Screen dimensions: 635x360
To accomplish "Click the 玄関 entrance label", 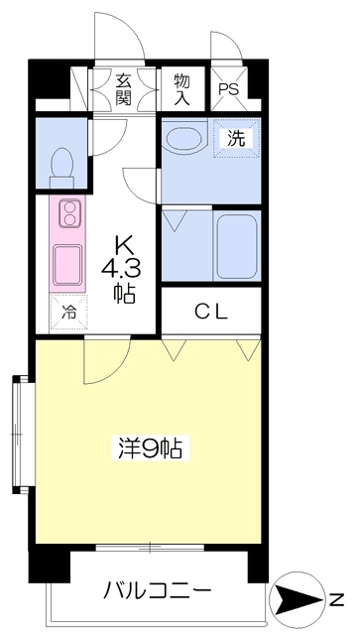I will point(124,88).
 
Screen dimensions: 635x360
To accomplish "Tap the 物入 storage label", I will point(181,88).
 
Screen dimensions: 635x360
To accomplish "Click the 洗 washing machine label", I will point(236,139).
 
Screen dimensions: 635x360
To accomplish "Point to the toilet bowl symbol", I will point(62,163).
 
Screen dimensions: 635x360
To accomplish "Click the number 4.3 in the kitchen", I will point(124,267).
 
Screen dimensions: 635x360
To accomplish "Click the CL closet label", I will point(210,312).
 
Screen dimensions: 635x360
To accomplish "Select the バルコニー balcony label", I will point(158,592).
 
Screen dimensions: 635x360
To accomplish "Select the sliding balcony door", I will point(150,547).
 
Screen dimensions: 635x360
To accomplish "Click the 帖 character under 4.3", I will point(124,293).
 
